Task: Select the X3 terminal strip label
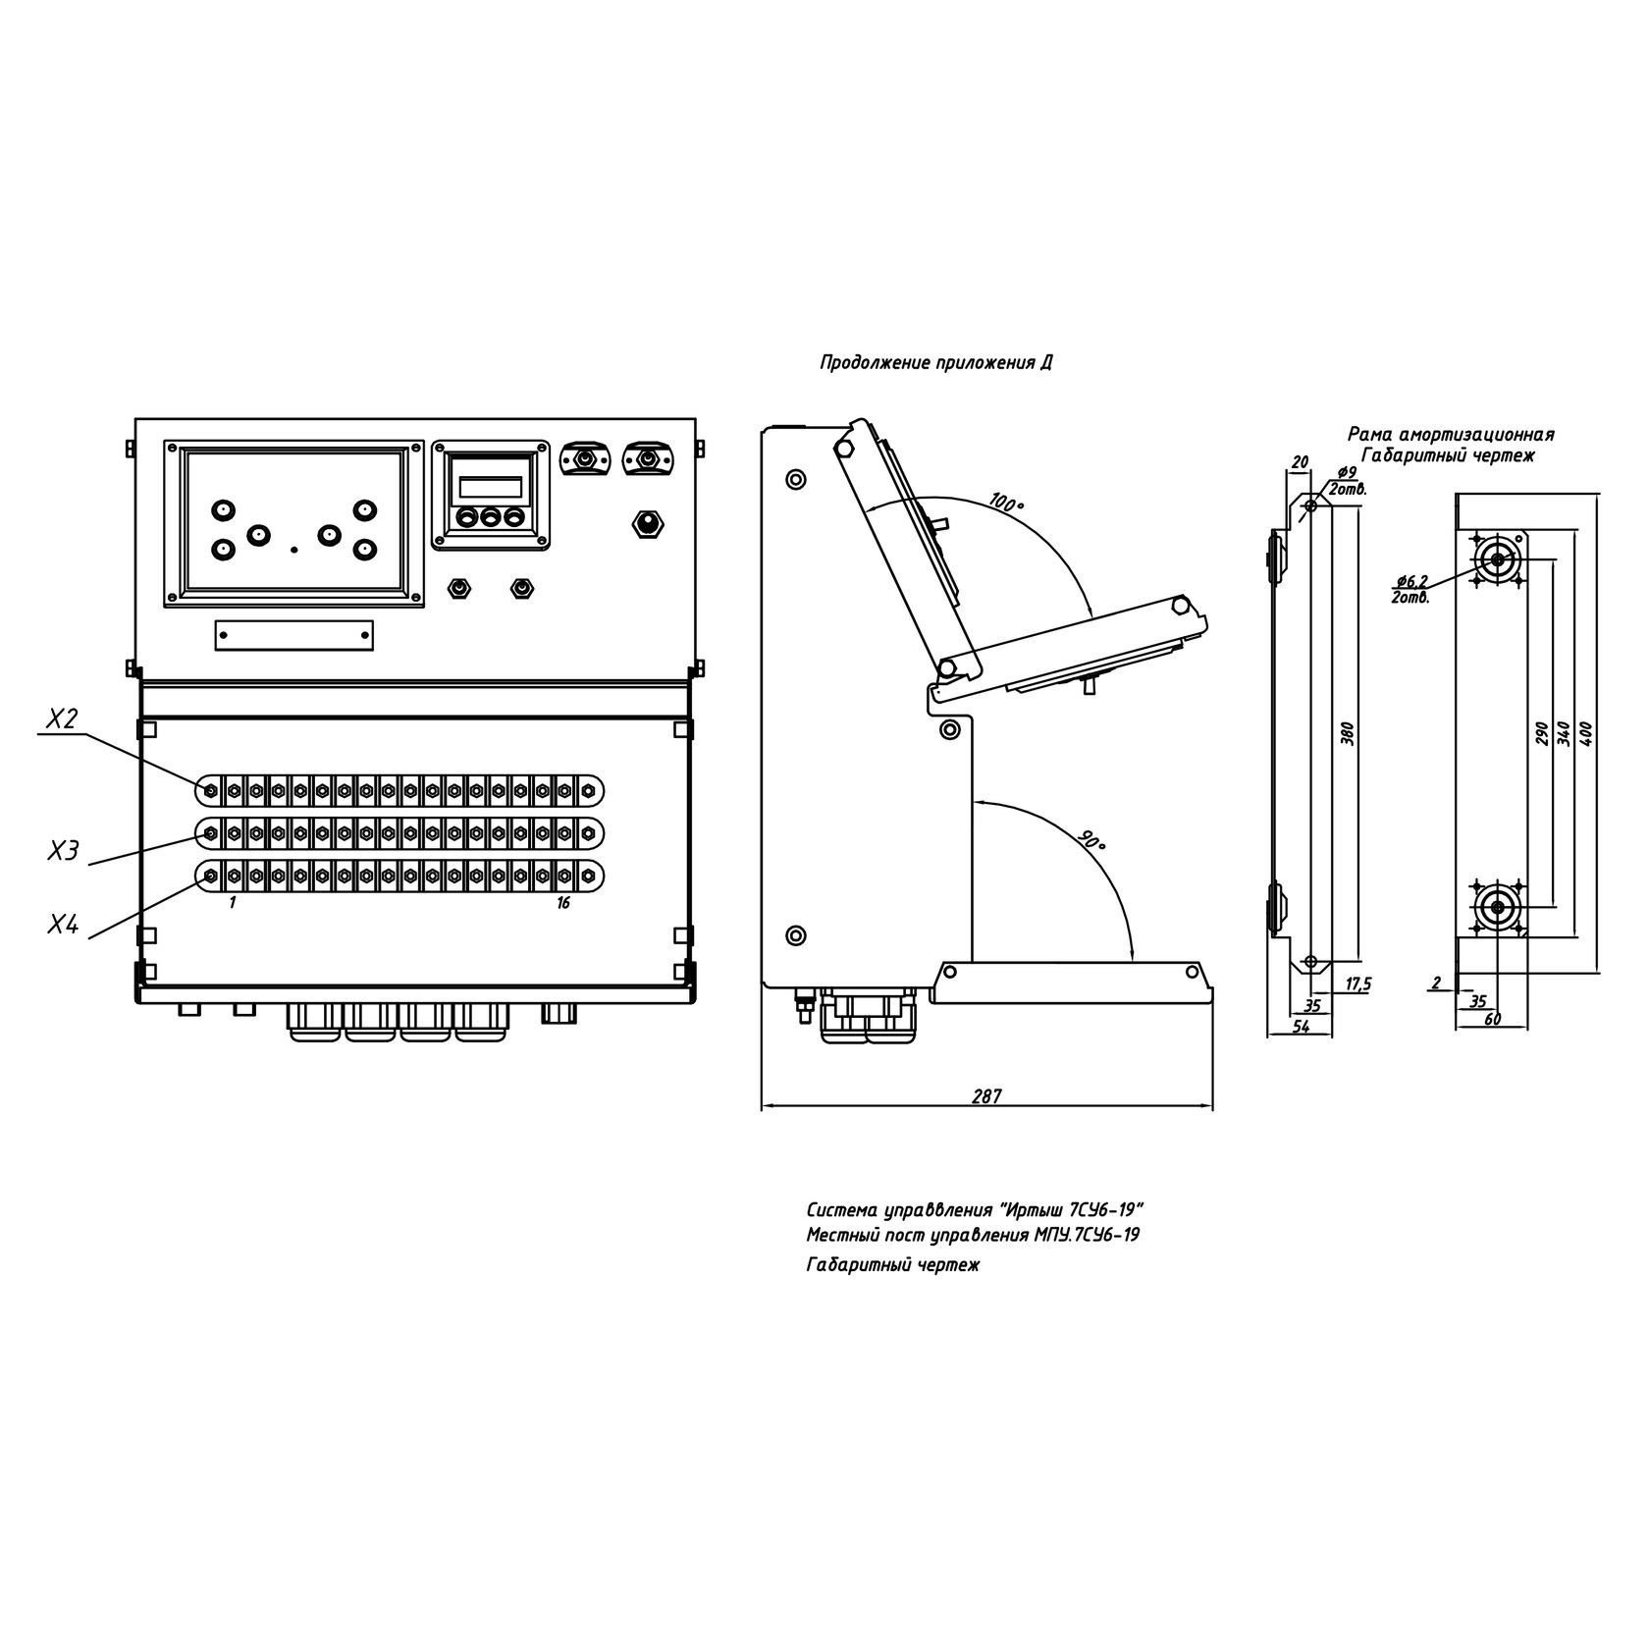[x=63, y=850]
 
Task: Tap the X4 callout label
[x=63, y=924]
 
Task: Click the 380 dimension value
[x=1348, y=733]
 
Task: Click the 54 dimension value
[x=1301, y=1026]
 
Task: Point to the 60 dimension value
[x=1493, y=1020]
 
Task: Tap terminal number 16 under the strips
[x=562, y=903]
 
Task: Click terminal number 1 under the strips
[x=233, y=903]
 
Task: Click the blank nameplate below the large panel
[x=294, y=635]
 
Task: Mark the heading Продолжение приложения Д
[x=936, y=363]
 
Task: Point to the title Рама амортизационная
[x=1451, y=434]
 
